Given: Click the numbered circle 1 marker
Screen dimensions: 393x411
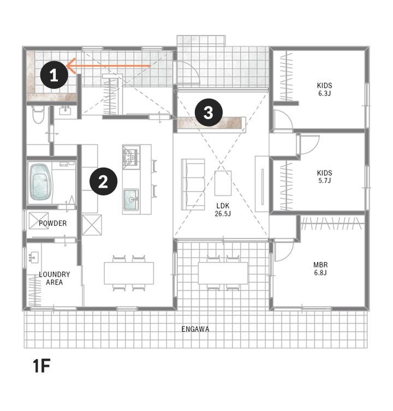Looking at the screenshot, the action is click(x=54, y=75).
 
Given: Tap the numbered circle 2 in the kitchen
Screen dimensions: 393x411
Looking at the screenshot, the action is click(x=103, y=181).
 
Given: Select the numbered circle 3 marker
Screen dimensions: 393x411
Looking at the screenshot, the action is click(x=209, y=112).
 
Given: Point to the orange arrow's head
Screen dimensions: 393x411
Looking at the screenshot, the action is click(x=67, y=66).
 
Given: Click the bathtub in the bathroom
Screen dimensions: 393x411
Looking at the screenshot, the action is click(x=40, y=182).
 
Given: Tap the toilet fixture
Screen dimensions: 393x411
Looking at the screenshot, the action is click(x=38, y=114).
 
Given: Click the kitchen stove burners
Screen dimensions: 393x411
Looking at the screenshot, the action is click(x=131, y=157).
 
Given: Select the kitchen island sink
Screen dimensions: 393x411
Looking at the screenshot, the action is click(x=131, y=199).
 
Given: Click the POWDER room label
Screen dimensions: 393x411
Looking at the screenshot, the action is click(x=53, y=223).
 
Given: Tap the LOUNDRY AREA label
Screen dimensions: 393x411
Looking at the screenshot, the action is click(x=55, y=278).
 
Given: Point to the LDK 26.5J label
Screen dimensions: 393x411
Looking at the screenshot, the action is click(x=223, y=210).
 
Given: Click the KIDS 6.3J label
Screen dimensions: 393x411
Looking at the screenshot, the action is click(x=325, y=90).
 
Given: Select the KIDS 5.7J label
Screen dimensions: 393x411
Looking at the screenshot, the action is click(x=325, y=177).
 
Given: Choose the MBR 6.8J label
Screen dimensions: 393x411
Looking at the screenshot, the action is click(x=320, y=269).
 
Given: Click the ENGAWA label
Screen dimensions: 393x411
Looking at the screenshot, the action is click(x=195, y=329).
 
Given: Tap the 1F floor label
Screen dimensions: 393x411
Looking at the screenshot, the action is click(x=41, y=366).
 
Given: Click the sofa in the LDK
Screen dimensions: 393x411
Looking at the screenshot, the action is click(x=193, y=184).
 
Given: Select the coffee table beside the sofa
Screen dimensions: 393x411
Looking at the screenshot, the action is click(x=223, y=183).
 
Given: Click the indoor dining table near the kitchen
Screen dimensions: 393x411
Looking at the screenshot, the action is click(x=129, y=273).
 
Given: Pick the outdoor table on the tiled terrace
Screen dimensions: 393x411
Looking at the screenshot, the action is click(x=223, y=273).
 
